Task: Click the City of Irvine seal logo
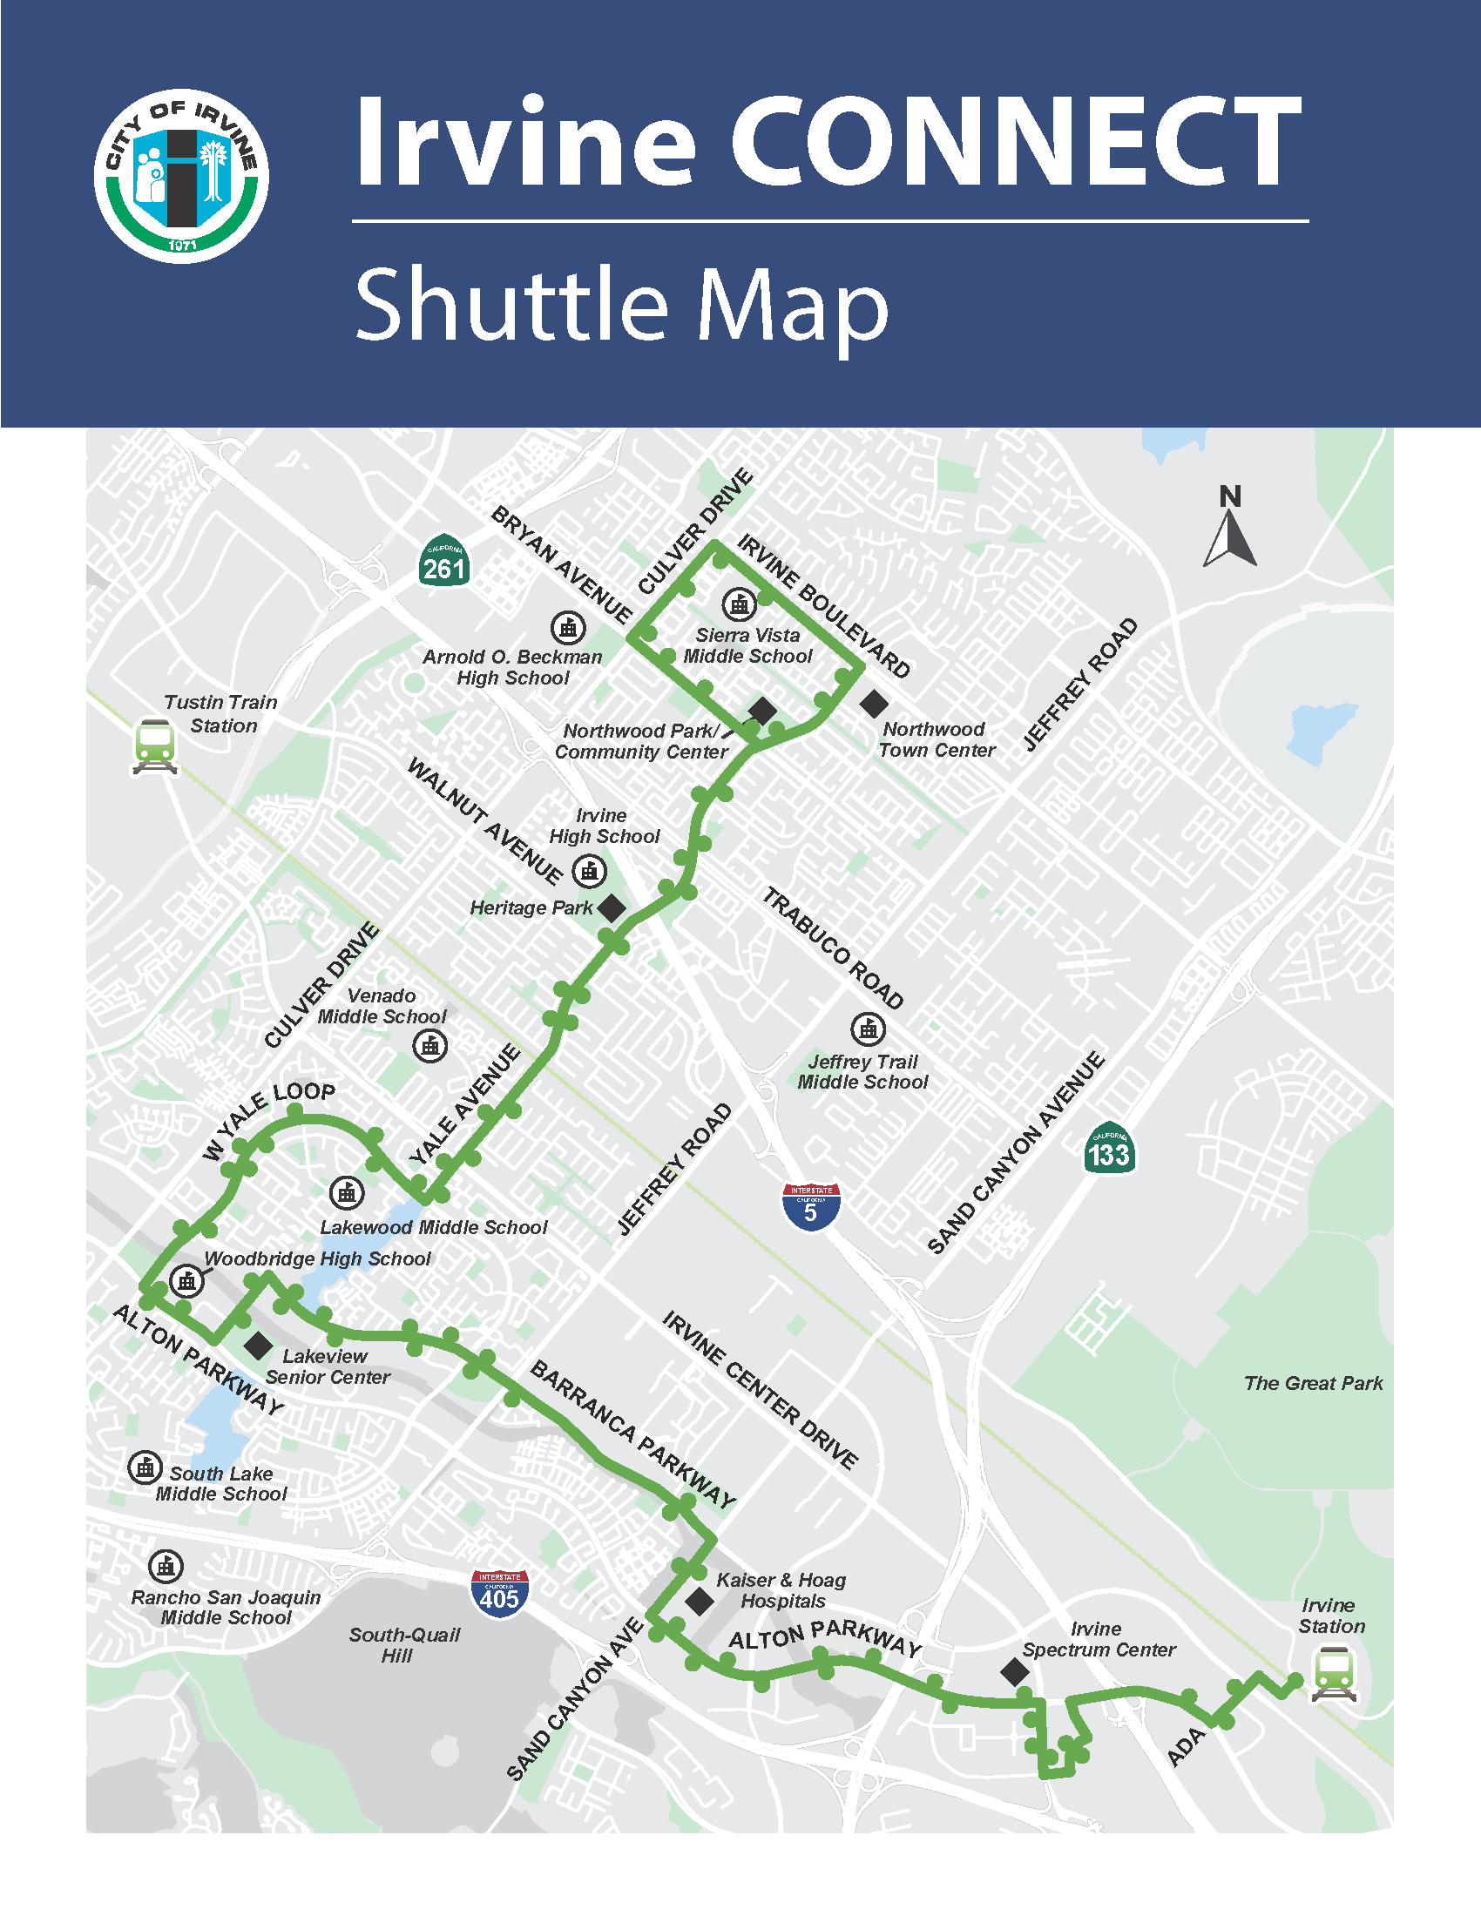(181, 175)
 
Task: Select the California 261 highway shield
(444, 562)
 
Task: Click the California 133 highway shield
(1109, 1149)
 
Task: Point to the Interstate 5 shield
(811, 1206)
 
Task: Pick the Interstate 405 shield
(499, 1594)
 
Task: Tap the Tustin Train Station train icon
(155, 745)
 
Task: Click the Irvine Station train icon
(1334, 1674)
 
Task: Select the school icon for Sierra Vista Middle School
(739, 604)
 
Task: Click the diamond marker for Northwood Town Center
(873, 703)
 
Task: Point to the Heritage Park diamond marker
(612, 908)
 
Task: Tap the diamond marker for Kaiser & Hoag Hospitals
(700, 1601)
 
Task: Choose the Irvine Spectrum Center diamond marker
(1015, 1672)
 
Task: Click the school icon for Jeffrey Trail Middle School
(868, 1029)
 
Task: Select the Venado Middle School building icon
(429, 1046)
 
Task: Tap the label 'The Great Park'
(1313, 1384)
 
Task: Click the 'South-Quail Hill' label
(403, 1645)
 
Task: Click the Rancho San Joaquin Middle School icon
(166, 1566)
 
